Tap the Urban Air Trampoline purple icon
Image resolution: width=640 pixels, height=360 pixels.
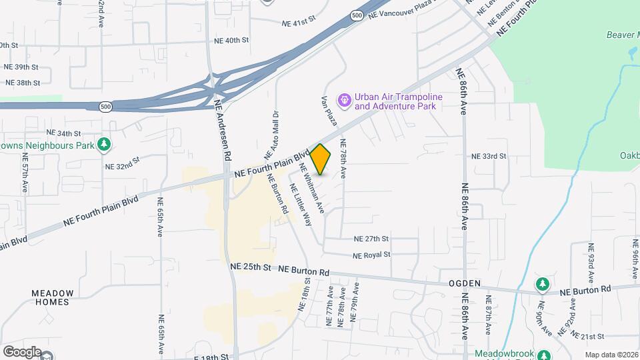click(x=345, y=101)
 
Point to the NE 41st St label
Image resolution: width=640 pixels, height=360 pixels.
click(x=298, y=22)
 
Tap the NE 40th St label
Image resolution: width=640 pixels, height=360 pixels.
click(x=231, y=40)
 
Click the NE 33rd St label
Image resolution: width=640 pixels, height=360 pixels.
click(x=489, y=156)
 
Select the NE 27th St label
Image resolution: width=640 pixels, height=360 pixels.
click(x=371, y=239)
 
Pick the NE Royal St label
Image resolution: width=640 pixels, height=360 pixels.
click(x=371, y=255)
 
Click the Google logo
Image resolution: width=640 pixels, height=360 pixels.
click(x=22, y=352)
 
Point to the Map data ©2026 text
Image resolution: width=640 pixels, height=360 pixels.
click(x=611, y=355)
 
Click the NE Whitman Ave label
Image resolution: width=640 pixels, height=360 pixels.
click(x=311, y=188)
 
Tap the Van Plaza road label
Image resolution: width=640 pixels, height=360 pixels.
click(x=328, y=111)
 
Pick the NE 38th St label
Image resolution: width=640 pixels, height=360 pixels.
click(x=22, y=83)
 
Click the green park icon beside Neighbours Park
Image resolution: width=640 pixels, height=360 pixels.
click(x=103, y=144)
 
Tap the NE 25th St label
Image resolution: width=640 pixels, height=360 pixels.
click(x=250, y=267)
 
